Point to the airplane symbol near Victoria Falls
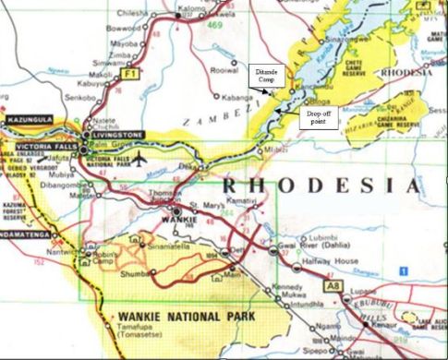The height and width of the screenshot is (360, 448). [139, 157]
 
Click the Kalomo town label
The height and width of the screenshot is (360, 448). [188, 6]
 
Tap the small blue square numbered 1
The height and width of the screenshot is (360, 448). [402, 270]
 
